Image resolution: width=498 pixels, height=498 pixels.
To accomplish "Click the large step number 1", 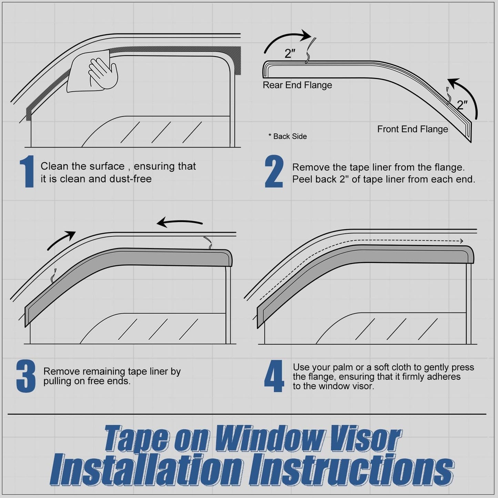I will point(27,172).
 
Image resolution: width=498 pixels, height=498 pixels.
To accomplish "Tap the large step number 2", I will point(274,172).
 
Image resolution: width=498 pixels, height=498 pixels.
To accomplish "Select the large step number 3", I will point(26,376).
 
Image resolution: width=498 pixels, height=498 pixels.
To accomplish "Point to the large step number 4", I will point(274,376).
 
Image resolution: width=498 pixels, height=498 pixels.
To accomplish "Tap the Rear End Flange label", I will point(297,85).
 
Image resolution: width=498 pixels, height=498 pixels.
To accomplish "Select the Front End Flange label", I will point(413,129).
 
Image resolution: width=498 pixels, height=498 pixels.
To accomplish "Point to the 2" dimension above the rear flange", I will point(290,53).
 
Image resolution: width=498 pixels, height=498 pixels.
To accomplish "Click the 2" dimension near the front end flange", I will point(462,105).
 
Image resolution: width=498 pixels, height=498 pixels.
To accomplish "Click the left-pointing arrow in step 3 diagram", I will point(179,223).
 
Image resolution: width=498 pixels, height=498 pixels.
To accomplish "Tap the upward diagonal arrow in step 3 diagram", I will point(61,240).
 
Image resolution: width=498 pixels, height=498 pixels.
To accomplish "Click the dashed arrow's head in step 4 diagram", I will point(461,241).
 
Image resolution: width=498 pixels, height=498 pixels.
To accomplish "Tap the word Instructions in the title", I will point(351,470).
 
